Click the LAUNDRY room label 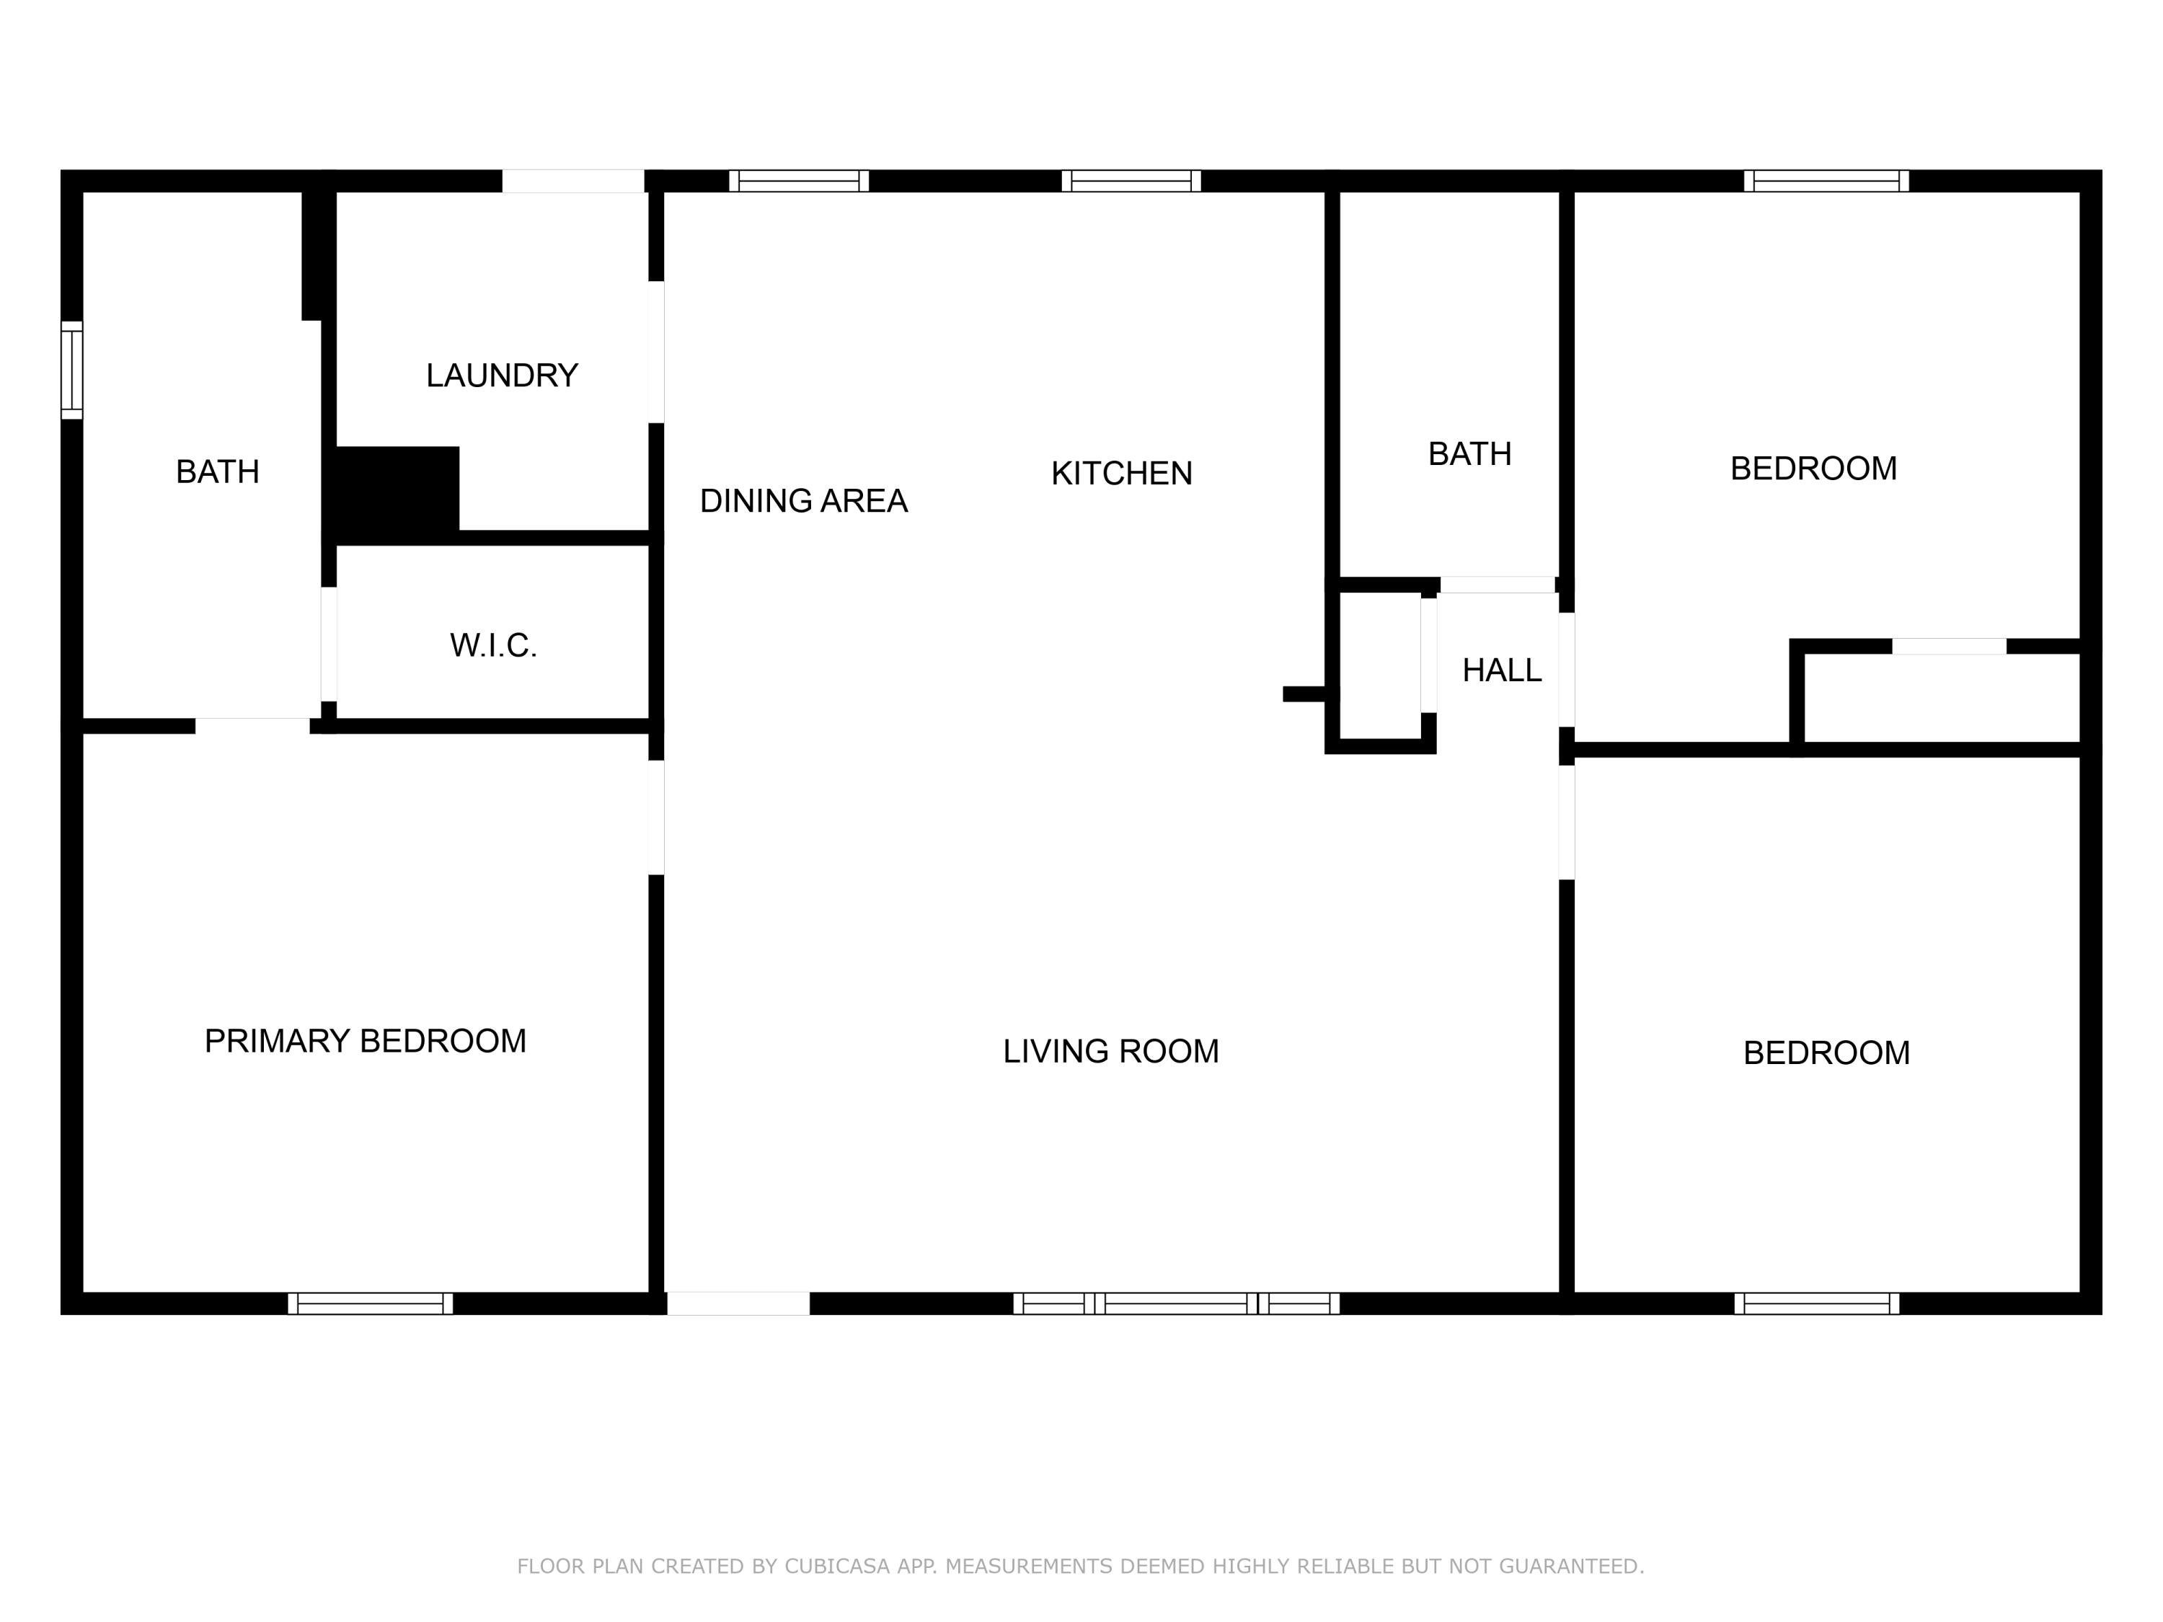(502, 376)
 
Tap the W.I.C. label (493, 645)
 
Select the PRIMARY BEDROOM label (365, 1041)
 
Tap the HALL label (1501, 670)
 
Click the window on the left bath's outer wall (71, 370)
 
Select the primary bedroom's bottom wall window (370, 1303)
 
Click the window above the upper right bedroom (1825, 181)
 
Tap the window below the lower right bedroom (1816, 1303)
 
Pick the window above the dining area (798, 181)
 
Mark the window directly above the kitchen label (1131, 181)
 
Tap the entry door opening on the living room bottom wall (738, 1303)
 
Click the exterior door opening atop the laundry (573, 181)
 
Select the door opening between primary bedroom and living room (656, 817)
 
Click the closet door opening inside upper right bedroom (1948, 646)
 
